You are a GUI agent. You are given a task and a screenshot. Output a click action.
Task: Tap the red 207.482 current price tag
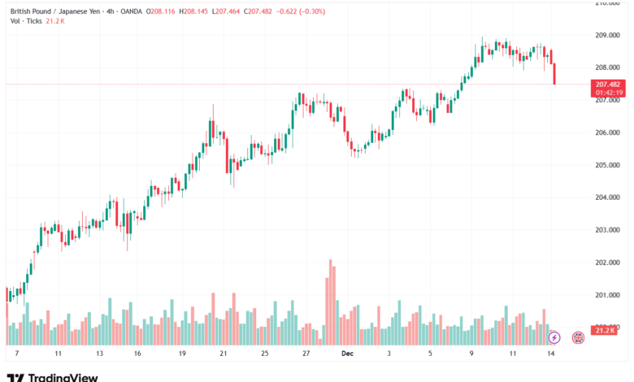pyautogui.click(x=608, y=85)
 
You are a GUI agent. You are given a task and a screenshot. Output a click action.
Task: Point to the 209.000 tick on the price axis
pyautogui.click(x=608, y=35)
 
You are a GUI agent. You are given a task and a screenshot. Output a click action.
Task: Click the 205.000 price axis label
pyautogui.click(x=608, y=165)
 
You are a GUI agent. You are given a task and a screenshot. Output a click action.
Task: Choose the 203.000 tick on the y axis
pyautogui.click(x=608, y=230)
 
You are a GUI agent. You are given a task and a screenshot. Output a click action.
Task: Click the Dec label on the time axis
pyautogui.click(x=347, y=354)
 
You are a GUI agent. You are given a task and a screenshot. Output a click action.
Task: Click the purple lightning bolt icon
pyautogui.click(x=554, y=336)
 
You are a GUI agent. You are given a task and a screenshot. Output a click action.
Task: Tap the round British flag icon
pyautogui.click(x=578, y=336)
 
